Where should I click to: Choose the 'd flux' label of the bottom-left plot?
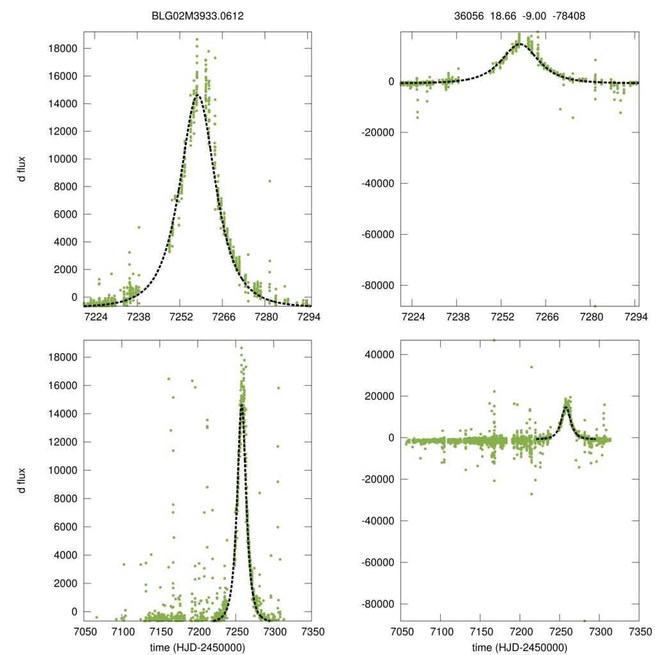click(22, 480)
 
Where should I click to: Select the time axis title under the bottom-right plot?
click(519, 647)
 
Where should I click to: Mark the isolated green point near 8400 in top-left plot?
click(270, 181)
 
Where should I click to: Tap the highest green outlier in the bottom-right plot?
click(494, 340)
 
